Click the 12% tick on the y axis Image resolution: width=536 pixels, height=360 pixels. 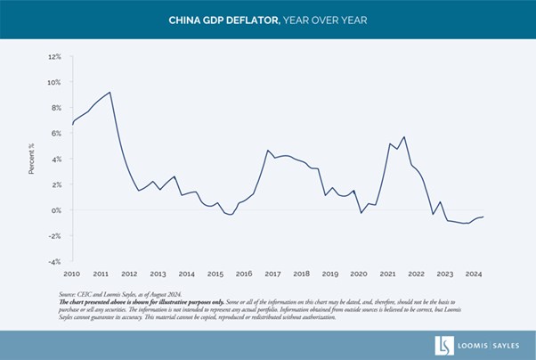54,56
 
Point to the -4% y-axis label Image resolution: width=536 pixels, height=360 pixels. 54,262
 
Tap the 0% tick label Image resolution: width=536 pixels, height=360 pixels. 56,210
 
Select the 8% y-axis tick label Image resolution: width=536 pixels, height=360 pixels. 55,108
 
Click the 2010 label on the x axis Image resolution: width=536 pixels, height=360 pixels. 72,274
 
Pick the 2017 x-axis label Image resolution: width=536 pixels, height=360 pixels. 272,274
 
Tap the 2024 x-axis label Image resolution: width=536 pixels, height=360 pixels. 474,274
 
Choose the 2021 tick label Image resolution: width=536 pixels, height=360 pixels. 387,274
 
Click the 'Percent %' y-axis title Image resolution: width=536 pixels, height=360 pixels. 32,159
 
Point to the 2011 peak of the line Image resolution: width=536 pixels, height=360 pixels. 110,92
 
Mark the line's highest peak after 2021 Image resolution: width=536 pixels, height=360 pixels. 404,136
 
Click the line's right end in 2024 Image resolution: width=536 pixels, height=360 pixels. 483,217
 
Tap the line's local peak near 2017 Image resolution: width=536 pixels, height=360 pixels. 268,151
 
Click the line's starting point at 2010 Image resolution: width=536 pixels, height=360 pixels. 72,124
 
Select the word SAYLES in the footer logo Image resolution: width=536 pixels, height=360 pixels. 504,344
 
